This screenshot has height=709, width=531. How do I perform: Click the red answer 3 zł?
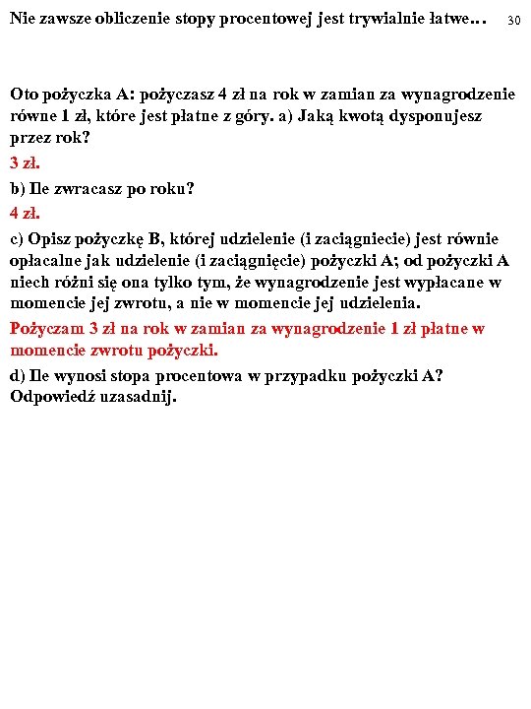(x=25, y=161)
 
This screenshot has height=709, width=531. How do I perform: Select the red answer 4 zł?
(x=25, y=212)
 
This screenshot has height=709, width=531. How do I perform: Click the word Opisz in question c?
(x=50, y=237)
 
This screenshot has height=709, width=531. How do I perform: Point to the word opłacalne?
(x=45, y=260)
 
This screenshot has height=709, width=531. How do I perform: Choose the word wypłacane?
(x=442, y=283)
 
